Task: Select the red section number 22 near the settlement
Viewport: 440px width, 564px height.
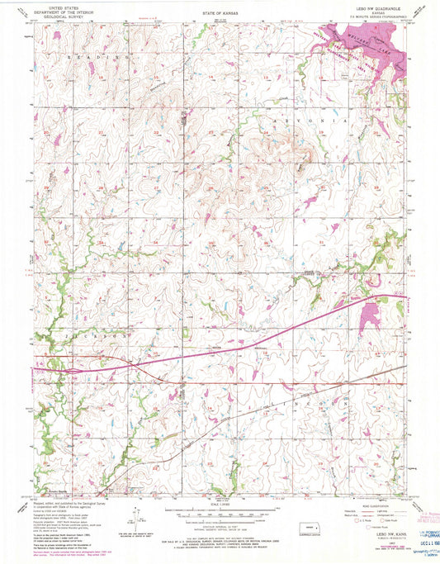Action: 155,132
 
